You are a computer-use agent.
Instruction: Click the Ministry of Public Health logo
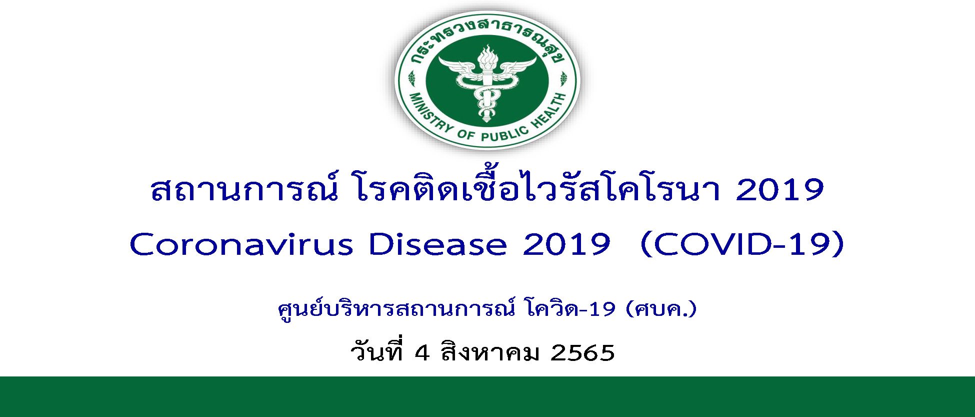(x=487, y=80)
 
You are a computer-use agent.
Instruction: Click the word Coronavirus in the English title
(x=241, y=245)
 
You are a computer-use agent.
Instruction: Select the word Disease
(x=437, y=245)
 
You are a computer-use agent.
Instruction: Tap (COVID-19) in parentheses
(x=742, y=245)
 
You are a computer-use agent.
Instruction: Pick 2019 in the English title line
(x=566, y=245)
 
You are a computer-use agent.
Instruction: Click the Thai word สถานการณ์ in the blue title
(x=242, y=189)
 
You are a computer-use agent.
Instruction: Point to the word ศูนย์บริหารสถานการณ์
(x=396, y=309)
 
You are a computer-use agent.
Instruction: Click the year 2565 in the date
(x=582, y=353)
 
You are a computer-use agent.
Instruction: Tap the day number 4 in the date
(x=422, y=353)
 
